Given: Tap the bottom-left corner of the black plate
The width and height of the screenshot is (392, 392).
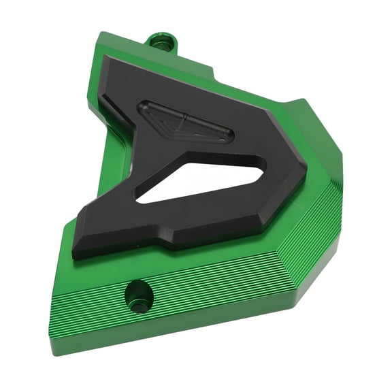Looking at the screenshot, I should pyautogui.click(x=75, y=255).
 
